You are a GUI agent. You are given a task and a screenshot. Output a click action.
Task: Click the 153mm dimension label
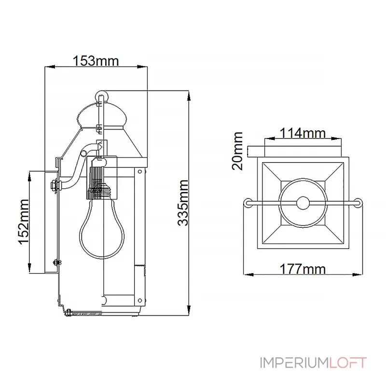[x=96, y=61]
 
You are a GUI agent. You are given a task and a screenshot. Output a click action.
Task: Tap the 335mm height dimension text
[x=183, y=203]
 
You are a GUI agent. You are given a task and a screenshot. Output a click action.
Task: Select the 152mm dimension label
[x=24, y=221]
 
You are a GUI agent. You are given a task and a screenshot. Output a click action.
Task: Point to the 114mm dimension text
[x=303, y=133]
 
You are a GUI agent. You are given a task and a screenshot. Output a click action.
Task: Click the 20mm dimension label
[x=237, y=151]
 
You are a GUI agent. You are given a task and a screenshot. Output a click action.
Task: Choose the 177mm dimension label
[x=303, y=269]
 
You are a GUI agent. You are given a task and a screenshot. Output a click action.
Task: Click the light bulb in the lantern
[x=102, y=228]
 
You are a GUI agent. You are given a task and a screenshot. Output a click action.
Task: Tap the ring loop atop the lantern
[x=101, y=95]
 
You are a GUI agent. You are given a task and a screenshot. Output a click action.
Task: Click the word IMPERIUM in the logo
[x=294, y=363]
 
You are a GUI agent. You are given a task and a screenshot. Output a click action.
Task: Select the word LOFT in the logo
[x=348, y=363]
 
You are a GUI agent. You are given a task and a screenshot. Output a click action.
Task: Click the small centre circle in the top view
[x=303, y=203]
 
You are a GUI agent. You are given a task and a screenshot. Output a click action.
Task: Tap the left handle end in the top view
[x=248, y=203]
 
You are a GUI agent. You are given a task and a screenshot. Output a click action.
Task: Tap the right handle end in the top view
[x=358, y=203]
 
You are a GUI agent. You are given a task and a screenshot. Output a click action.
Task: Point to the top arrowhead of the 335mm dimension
[x=189, y=96]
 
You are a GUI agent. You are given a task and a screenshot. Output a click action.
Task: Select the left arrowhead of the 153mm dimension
[x=50, y=67]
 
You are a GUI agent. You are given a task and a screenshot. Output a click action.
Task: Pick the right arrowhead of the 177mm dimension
[x=358, y=275]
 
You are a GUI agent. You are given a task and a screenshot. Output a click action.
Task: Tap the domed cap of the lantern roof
[x=102, y=116]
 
